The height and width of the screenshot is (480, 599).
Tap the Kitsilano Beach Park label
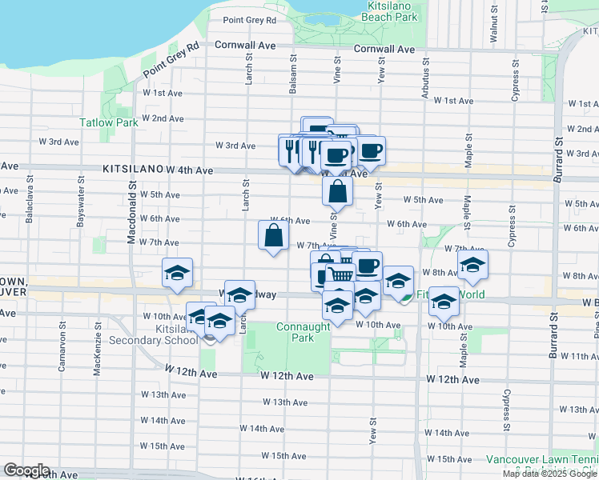(x=389, y=11)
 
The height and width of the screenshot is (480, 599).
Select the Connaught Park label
(x=303, y=332)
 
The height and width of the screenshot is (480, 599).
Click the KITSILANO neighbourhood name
(x=132, y=170)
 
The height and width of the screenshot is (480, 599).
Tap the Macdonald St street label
(x=131, y=218)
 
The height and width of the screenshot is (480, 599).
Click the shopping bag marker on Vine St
(x=338, y=191)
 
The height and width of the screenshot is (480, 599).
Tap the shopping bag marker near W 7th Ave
(x=273, y=235)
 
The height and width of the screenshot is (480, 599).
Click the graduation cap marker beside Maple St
(x=472, y=264)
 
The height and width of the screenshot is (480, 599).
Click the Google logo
(x=26, y=470)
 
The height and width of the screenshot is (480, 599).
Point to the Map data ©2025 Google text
(x=549, y=474)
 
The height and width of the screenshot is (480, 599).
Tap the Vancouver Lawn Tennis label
(x=540, y=460)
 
